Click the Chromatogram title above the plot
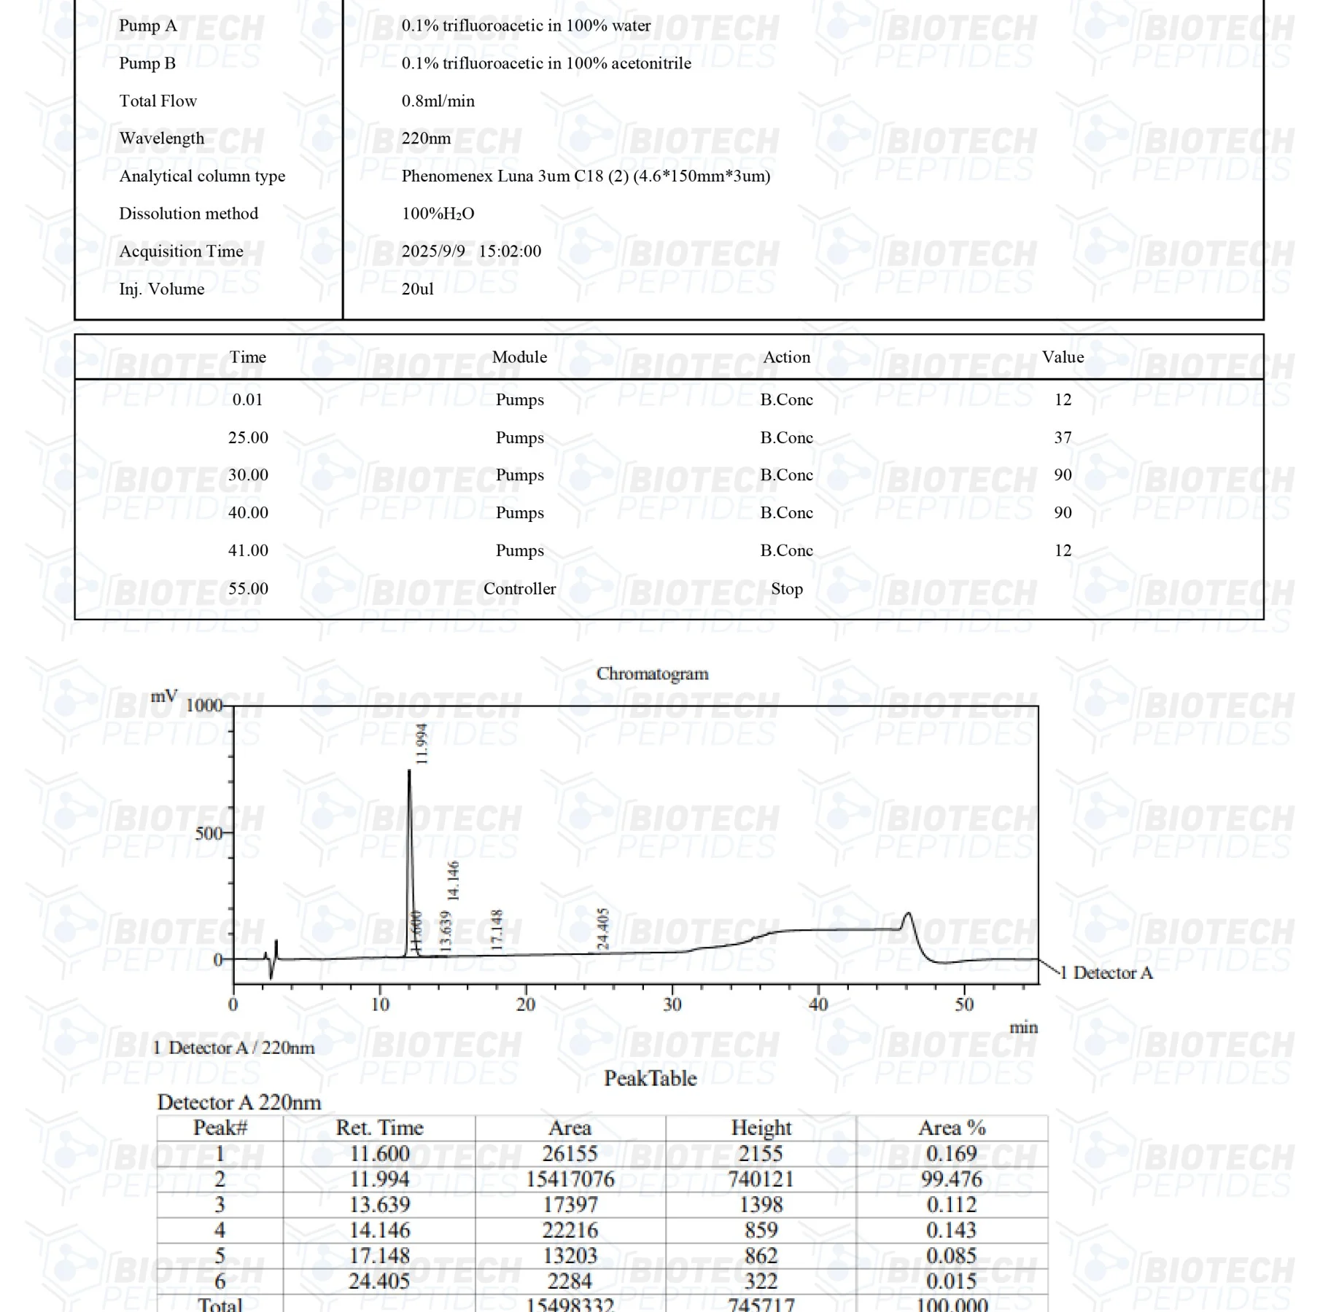pos(652,673)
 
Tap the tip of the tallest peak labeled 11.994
pos(409,771)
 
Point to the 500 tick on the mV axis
pos(209,833)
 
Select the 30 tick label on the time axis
pos(672,1004)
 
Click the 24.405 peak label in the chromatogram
pos(603,929)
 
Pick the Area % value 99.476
pos(951,1179)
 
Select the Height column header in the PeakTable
pos(761,1128)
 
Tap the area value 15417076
pos(570,1179)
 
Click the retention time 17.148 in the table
pos(379,1255)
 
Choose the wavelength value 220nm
pos(426,138)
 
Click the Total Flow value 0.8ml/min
pos(438,101)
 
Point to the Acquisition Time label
pos(181,251)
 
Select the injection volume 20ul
pos(417,289)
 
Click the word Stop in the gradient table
pos(786,588)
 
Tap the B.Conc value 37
pos(1063,437)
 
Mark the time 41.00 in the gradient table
pos(248,550)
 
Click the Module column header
pos(519,357)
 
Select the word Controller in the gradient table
pos(519,588)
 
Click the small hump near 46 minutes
pos(908,914)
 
